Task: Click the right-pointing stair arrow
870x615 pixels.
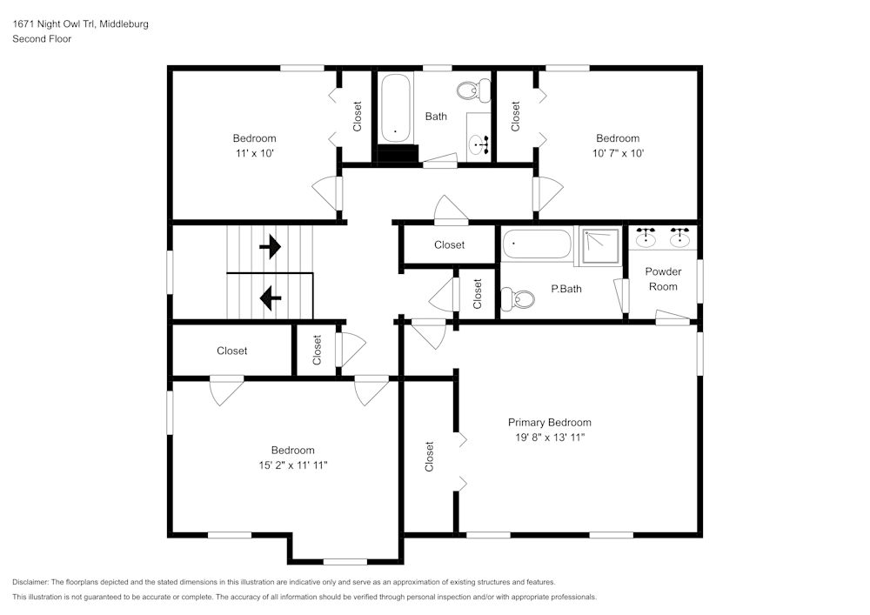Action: [x=271, y=246]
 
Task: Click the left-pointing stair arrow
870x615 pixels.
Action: [x=271, y=297]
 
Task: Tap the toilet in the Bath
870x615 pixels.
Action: [x=474, y=90]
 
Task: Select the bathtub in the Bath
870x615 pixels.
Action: [x=396, y=108]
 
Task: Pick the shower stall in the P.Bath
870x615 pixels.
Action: [x=601, y=245]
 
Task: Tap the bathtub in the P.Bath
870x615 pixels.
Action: [x=537, y=244]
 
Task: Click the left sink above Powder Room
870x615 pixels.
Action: [x=646, y=237]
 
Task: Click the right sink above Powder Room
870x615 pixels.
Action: [x=679, y=237]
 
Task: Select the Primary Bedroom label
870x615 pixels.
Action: [x=549, y=422]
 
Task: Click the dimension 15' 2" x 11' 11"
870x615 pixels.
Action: [x=293, y=465]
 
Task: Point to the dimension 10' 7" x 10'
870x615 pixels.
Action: [x=618, y=153]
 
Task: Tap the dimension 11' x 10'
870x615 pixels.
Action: [x=255, y=153]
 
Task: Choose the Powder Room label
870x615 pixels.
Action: [x=663, y=279]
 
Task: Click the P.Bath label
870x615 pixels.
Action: [x=566, y=289]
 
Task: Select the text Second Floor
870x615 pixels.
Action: [x=42, y=39]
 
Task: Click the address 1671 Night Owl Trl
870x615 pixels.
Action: [x=54, y=23]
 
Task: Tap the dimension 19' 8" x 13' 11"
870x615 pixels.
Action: [x=550, y=437]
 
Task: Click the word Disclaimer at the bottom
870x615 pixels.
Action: [x=30, y=582]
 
